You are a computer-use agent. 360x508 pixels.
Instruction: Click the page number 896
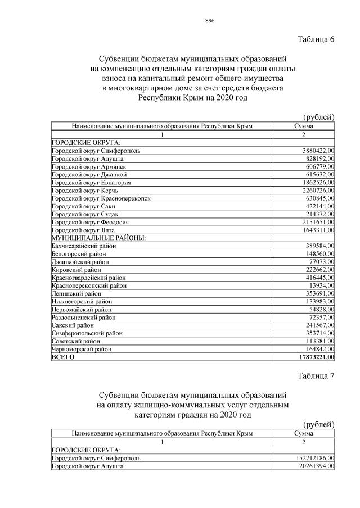tap(211, 21)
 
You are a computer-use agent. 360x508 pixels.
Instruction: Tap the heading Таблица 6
tap(316, 39)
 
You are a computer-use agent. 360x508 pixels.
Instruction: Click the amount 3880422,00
tap(318, 151)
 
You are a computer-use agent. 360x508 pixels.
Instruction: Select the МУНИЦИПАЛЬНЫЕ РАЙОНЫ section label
tap(98, 238)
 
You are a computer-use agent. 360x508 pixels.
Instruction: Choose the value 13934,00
tap(321, 285)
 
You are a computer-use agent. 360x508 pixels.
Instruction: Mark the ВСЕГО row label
tap(62, 356)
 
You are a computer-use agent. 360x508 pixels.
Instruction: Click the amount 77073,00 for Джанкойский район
tap(321, 262)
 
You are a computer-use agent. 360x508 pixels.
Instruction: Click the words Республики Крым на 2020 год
tap(193, 98)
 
